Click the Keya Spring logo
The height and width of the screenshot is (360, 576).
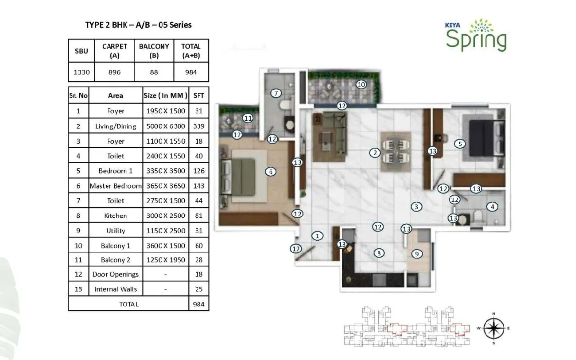[476, 36]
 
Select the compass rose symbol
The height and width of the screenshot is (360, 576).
[493, 328]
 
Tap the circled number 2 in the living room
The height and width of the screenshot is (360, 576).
[374, 153]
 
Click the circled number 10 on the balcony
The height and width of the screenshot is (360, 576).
[360, 84]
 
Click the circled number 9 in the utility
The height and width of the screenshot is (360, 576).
[416, 253]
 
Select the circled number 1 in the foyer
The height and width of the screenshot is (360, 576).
[317, 236]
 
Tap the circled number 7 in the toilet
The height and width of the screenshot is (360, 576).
[276, 93]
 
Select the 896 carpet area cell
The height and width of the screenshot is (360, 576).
[114, 73]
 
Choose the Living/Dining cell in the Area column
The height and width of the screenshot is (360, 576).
[116, 126]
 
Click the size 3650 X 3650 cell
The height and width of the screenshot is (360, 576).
[165, 186]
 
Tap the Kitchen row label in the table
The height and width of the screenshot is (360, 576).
[116, 216]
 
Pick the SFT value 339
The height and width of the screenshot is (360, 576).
[198, 126]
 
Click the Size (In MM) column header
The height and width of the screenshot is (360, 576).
[165, 96]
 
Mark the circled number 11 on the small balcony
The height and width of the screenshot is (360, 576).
[248, 118]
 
